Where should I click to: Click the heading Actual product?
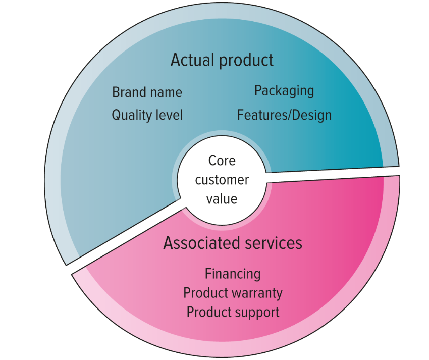point(222,60)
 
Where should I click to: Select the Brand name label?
point(147,92)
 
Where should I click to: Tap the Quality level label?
point(147,115)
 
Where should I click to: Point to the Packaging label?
point(284,91)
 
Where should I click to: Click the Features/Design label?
point(284,115)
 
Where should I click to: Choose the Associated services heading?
point(233,243)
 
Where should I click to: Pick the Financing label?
point(233,274)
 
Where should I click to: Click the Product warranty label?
point(233,293)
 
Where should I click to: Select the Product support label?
point(233,312)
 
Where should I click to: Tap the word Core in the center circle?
point(222,161)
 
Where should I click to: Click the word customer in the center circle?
point(222,180)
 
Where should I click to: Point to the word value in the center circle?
point(222,199)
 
